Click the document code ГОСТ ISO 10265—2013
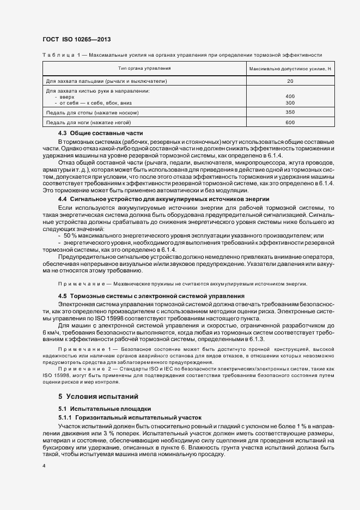click(76, 39)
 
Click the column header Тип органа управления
click(145, 69)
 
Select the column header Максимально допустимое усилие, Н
click(290, 69)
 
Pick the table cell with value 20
click(290, 81)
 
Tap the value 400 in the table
click(290, 96)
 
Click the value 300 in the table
click(290, 102)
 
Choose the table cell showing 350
click(290, 112)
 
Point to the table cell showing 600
click(290, 122)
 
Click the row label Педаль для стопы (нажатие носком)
click(93, 112)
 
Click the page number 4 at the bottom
click(44, 466)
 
